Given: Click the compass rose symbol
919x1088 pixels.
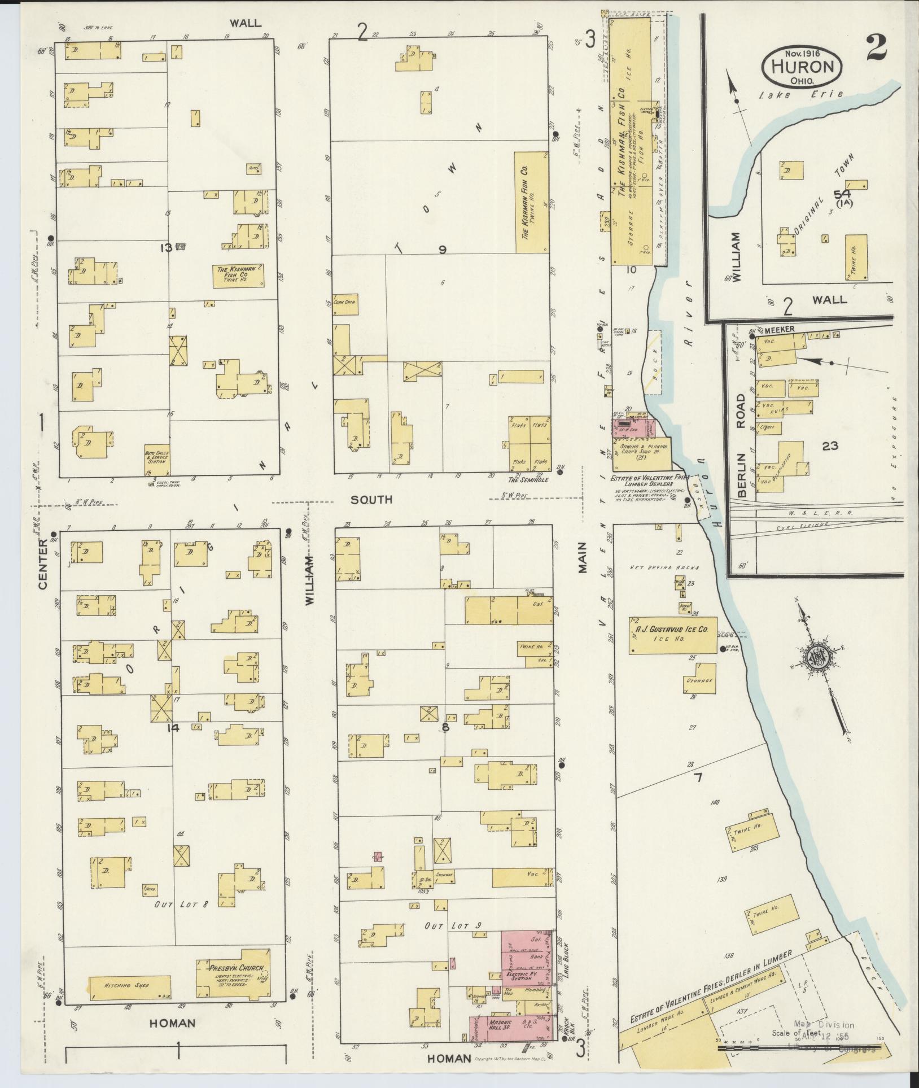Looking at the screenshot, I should pos(818,658).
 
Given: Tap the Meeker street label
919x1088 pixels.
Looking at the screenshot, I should pos(780,329).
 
